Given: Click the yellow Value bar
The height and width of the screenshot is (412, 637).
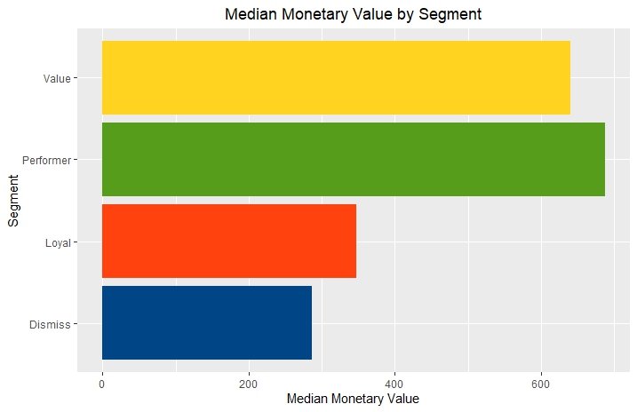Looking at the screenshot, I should click(336, 77).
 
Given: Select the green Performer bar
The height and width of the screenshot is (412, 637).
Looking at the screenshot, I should click(354, 159).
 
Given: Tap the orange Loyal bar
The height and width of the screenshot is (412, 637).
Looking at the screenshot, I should click(229, 241).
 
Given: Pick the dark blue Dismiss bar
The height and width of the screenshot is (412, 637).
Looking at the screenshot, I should click(207, 322).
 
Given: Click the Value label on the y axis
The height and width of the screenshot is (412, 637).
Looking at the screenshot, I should click(57, 78).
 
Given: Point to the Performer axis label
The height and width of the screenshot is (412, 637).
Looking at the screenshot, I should click(46, 160).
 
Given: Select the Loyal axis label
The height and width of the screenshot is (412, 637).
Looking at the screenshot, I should click(57, 242).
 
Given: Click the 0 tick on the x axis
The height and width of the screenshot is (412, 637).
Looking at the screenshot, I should click(102, 384).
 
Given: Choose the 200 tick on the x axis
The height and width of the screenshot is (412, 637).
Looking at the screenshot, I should click(249, 384).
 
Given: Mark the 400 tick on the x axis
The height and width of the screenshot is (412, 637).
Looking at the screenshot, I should click(394, 384).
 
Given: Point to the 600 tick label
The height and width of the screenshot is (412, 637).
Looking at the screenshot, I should click(540, 384).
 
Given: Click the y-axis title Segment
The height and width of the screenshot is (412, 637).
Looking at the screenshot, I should click(13, 200).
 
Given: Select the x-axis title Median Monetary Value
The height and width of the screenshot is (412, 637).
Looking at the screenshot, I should click(353, 400).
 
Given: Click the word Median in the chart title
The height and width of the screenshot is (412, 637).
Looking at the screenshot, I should click(250, 14).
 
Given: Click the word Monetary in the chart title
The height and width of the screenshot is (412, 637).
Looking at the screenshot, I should click(314, 14).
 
